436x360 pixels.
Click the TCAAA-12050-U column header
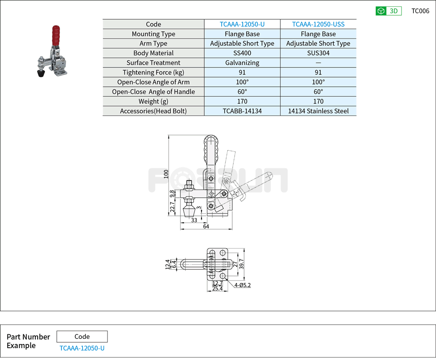click(x=242, y=24)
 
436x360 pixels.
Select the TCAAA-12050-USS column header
click(x=318, y=24)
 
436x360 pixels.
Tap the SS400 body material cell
click(x=242, y=53)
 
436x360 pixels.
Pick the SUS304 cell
click(x=318, y=53)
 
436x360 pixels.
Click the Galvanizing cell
click(x=242, y=63)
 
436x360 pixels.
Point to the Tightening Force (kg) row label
click(x=153, y=72)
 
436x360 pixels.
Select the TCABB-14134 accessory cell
click(x=242, y=111)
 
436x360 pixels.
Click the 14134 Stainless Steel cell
click(x=318, y=111)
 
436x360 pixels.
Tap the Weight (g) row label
click(x=153, y=101)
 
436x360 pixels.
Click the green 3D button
click(x=388, y=11)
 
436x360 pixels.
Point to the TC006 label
click(x=420, y=11)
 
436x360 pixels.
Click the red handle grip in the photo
click(x=56, y=35)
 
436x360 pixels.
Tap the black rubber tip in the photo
click(x=40, y=72)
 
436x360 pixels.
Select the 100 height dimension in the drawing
click(x=166, y=174)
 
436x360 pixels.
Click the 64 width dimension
click(x=206, y=227)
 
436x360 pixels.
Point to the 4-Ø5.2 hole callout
click(x=242, y=285)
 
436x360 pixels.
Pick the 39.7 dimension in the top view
click(x=247, y=264)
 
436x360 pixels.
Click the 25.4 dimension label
click(x=217, y=288)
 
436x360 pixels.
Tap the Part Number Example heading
click(x=28, y=341)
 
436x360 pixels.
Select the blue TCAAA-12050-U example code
click(x=82, y=348)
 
